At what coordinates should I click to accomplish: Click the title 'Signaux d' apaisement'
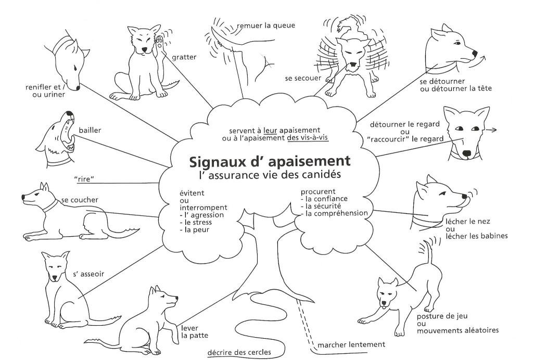tap(270, 161)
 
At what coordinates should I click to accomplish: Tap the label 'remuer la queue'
tap(266, 25)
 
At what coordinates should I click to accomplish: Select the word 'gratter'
tap(184, 57)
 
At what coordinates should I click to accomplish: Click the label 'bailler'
tap(90, 130)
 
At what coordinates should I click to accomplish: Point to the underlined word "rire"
tap(84, 178)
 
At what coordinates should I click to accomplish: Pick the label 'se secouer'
tap(303, 79)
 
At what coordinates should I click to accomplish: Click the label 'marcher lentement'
tap(351, 345)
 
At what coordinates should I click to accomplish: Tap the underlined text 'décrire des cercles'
tap(239, 352)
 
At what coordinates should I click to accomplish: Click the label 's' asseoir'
tap(88, 274)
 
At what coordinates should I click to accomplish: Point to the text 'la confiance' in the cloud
tap(326, 199)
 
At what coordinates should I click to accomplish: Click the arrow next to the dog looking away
tap(491, 130)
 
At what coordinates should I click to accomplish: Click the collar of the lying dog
tap(51, 205)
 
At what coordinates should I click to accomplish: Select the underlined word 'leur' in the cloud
tap(270, 131)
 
